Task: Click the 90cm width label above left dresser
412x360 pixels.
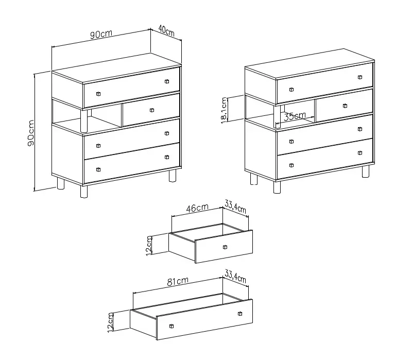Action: [x=101, y=34]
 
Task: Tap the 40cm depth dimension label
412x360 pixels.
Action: [x=166, y=30]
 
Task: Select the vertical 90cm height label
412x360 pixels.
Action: [x=31, y=133]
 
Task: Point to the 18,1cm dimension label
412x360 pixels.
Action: [x=224, y=110]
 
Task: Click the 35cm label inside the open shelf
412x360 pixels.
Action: [x=295, y=116]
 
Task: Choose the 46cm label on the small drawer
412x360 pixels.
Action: [x=197, y=208]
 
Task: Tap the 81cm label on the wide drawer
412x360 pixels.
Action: [x=178, y=281]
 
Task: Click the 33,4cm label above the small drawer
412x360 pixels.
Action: [x=235, y=207]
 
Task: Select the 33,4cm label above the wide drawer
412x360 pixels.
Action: [x=235, y=276]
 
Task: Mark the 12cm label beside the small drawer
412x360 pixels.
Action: [x=149, y=246]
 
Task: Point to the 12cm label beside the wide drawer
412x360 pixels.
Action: [x=111, y=322]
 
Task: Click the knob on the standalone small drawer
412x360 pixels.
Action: [x=225, y=247]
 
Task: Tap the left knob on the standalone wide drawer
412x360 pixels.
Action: [x=171, y=326]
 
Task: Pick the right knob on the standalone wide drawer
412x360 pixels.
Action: [x=240, y=314]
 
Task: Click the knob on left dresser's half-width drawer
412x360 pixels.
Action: [x=152, y=110]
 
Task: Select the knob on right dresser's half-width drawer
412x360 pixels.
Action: [x=345, y=106]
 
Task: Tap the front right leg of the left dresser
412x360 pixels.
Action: [x=173, y=175]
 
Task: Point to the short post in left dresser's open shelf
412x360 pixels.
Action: [x=84, y=121]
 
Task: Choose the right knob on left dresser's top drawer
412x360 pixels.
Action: [x=167, y=81]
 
